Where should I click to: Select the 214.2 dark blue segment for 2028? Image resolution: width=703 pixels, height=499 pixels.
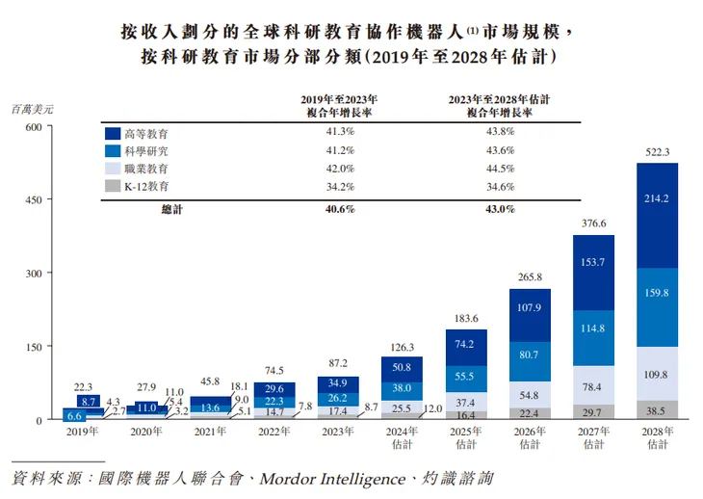click(x=658, y=198)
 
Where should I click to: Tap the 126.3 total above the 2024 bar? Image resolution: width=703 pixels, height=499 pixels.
click(x=403, y=347)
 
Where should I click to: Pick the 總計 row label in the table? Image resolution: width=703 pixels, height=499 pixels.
click(x=173, y=208)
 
